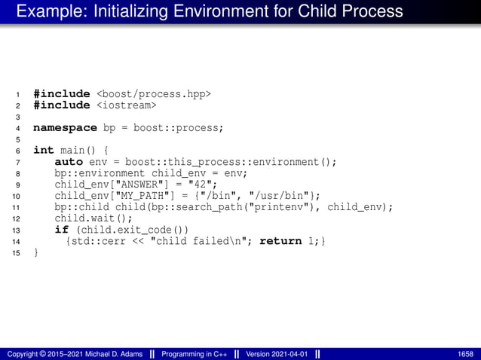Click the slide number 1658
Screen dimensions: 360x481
[465, 353]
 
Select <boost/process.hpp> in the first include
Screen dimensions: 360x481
[153, 94]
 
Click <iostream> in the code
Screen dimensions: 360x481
[126, 105]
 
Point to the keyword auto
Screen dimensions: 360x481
[69, 162]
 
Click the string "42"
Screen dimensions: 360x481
[202, 185]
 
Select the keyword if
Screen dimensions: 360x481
[60, 230]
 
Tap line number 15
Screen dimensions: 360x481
[16, 253]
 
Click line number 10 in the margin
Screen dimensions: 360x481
[16, 197]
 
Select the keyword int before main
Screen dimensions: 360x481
[43, 151]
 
